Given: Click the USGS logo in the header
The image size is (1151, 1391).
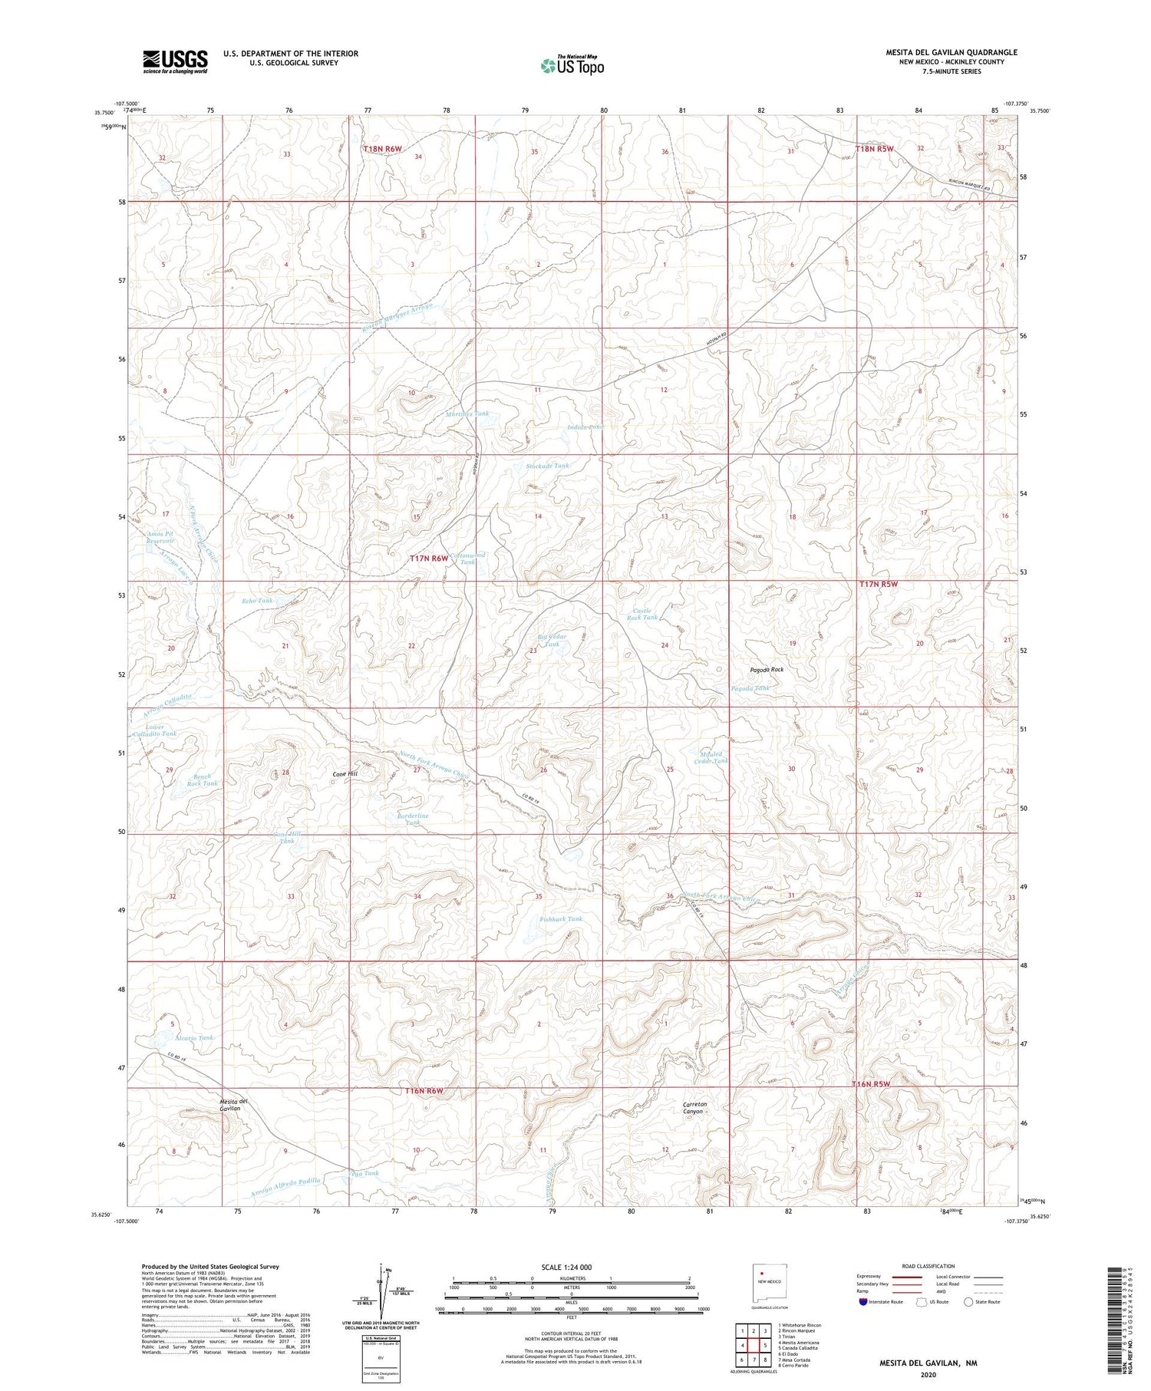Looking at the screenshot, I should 175,61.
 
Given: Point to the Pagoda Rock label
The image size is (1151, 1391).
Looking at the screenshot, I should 767,670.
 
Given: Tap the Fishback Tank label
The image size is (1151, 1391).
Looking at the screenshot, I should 561,918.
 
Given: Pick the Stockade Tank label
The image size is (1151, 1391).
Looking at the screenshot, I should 548,466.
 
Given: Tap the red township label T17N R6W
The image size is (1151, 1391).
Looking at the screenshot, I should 428,559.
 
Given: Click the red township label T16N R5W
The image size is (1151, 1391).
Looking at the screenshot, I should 871,1084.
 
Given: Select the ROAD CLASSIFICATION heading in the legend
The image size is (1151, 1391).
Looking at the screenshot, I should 928,1266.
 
